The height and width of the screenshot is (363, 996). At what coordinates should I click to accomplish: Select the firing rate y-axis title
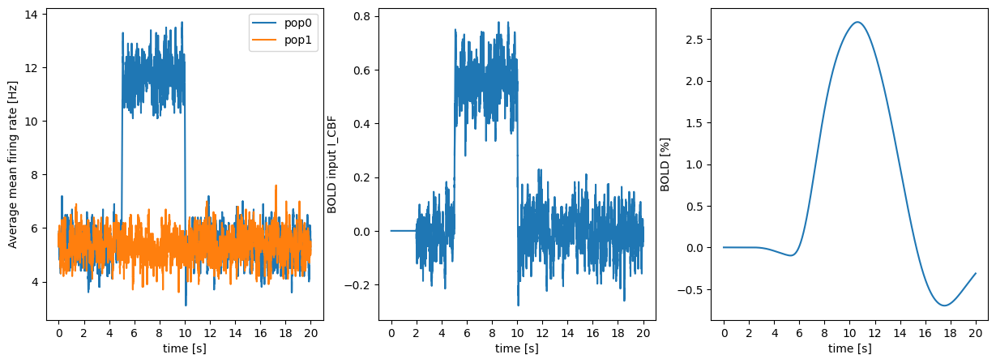[x=13, y=164]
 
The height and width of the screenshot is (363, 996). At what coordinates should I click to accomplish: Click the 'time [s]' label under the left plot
[x=185, y=349]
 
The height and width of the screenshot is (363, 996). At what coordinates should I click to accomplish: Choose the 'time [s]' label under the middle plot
[x=517, y=349]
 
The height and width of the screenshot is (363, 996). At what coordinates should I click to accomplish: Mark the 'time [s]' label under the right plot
[x=849, y=349]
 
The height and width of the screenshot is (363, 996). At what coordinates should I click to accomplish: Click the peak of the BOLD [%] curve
[x=857, y=22]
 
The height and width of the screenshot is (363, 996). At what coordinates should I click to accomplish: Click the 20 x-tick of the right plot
[x=976, y=331]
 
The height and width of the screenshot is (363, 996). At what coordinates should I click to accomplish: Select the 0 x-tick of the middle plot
[x=391, y=331]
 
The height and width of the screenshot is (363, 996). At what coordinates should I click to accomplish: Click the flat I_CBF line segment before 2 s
[x=403, y=231]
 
